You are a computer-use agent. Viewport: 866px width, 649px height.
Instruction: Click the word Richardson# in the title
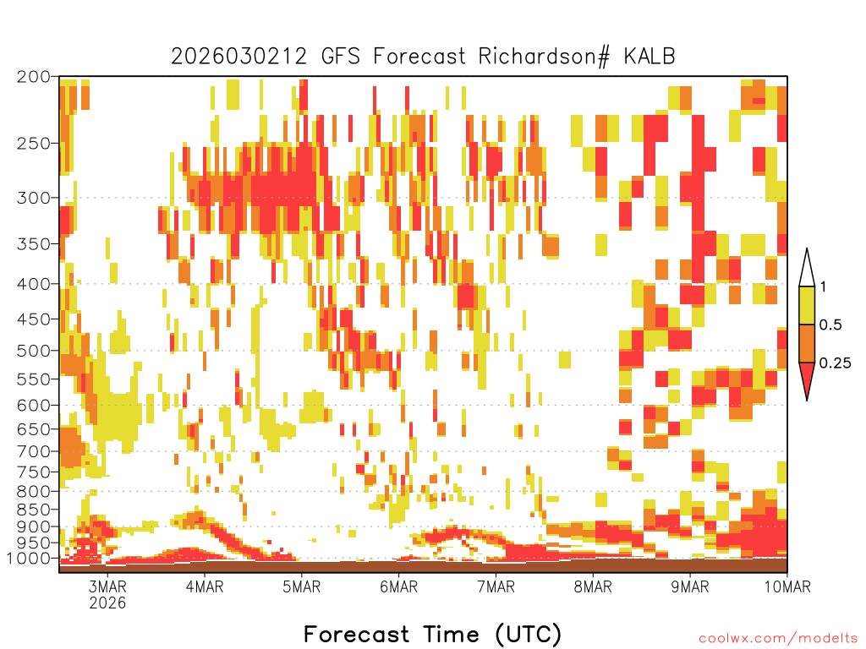point(544,57)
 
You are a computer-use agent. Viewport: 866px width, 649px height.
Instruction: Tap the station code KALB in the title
point(649,57)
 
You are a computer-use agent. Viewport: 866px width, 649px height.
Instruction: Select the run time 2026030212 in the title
point(238,57)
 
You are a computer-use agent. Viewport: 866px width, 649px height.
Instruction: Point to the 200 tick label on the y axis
point(34,77)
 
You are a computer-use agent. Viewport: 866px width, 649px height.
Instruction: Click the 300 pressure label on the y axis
point(34,198)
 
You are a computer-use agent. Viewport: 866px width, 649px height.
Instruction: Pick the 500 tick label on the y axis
point(34,351)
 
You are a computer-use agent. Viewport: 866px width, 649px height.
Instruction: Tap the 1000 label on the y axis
point(29,559)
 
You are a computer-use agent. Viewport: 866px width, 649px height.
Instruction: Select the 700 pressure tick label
point(34,451)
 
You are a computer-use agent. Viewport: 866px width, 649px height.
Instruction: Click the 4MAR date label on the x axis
point(205,586)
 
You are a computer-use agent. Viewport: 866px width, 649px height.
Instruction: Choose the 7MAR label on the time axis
point(496,586)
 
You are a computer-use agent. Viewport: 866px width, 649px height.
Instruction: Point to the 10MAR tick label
point(787,586)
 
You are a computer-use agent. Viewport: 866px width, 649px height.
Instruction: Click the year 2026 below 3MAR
point(107,603)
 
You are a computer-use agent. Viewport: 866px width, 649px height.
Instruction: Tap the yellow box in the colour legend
point(807,305)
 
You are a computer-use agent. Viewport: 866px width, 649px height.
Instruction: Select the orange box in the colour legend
point(807,343)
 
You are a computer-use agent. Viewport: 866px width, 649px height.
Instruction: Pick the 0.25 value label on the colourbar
point(835,363)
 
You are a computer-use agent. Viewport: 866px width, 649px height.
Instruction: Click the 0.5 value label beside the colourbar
point(830,325)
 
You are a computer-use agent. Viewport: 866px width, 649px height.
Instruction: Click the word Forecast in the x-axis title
point(356,634)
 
